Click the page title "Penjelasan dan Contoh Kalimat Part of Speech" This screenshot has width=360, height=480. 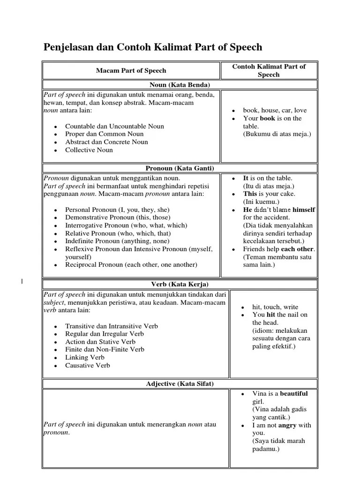(153, 47)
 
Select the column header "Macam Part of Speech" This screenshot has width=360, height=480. (131, 70)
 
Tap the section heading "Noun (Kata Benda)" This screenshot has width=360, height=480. (180, 85)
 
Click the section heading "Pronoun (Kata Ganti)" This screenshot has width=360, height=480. (180, 168)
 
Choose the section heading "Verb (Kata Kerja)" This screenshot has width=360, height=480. (180, 284)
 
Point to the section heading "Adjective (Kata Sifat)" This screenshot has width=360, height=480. (180, 384)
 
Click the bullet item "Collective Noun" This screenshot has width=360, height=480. (89, 150)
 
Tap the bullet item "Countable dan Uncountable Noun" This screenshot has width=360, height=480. (114, 126)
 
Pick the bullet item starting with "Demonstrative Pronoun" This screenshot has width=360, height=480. (118, 217)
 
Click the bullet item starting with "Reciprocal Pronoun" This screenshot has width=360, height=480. (131, 264)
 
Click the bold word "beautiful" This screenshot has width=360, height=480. (294, 394)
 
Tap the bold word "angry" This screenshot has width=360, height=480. (287, 425)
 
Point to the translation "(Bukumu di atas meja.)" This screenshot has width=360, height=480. (277, 134)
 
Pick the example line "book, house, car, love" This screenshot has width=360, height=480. (275, 110)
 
